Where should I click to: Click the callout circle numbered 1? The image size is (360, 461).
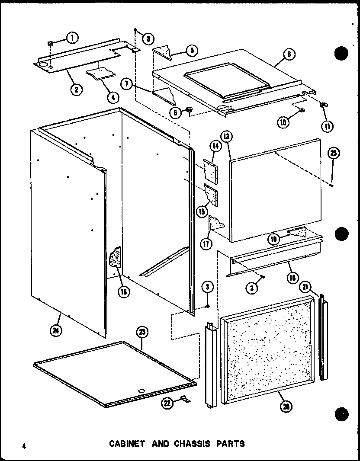72,38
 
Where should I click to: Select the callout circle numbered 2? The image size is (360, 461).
76,90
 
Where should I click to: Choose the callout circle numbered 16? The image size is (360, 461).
124,291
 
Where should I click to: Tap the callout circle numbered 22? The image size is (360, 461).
167,403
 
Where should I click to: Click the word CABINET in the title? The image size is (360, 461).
124,443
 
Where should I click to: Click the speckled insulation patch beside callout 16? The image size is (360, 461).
116,259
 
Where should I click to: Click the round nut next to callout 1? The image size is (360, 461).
51,43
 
